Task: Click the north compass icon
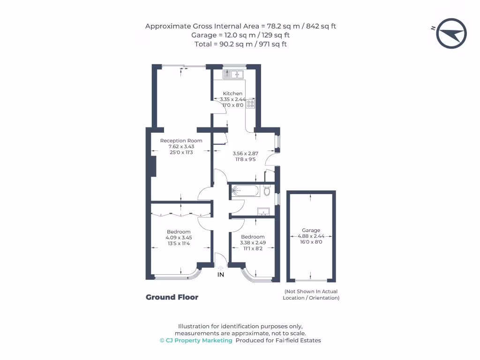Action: (x=451, y=33)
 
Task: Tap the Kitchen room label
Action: (x=232, y=94)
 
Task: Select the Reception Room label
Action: (x=181, y=141)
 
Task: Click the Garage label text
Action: (x=311, y=230)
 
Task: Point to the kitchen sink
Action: (x=233, y=74)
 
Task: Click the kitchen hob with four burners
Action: (x=251, y=104)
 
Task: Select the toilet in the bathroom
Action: (x=267, y=191)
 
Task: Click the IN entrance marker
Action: (x=220, y=275)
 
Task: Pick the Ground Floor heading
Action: (x=172, y=297)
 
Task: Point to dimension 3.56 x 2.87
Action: (x=246, y=153)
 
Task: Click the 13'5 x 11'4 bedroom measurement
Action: (x=179, y=243)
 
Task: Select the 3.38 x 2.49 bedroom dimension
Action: (x=253, y=242)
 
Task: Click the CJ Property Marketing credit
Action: (x=196, y=340)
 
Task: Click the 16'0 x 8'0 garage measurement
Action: (x=311, y=242)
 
